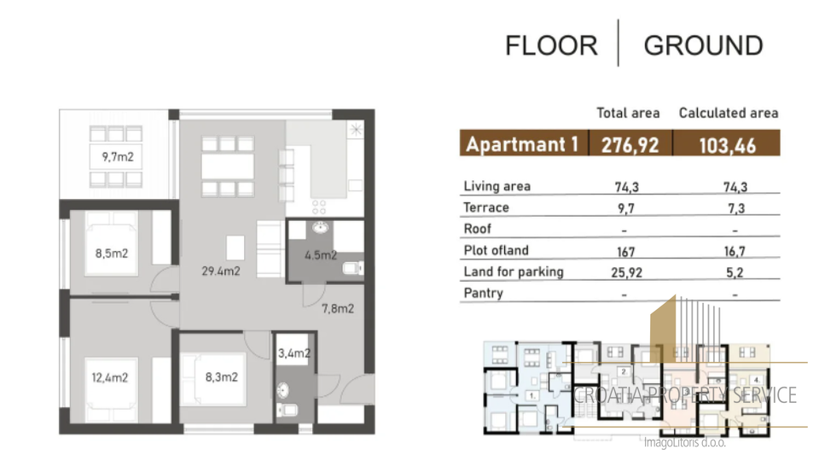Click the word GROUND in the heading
pyautogui.click(x=703, y=45)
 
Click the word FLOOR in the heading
pyautogui.click(x=551, y=45)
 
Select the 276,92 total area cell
pyautogui.click(x=630, y=145)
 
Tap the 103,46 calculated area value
pyautogui.click(x=727, y=145)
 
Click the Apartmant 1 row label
pyautogui.click(x=522, y=144)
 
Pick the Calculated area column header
pyautogui.click(x=728, y=113)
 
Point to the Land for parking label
pyautogui.click(x=514, y=271)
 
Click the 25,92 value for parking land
pyautogui.click(x=627, y=272)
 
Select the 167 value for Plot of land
pyautogui.click(x=625, y=251)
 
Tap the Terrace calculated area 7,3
pyautogui.click(x=736, y=208)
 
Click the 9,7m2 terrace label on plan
pyautogui.click(x=118, y=157)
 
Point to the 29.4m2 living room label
pyautogui.click(x=221, y=271)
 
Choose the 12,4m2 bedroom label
pyautogui.click(x=110, y=377)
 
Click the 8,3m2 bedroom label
pyautogui.click(x=222, y=376)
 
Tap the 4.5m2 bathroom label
pyautogui.click(x=321, y=255)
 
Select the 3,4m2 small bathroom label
pyautogui.click(x=294, y=353)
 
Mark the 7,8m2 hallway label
pyautogui.click(x=338, y=308)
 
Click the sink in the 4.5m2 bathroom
pyautogui.click(x=321, y=227)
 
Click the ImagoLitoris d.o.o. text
pyautogui.click(x=685, y=443)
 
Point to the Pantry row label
pyautogui.click(x=483, y=293)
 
